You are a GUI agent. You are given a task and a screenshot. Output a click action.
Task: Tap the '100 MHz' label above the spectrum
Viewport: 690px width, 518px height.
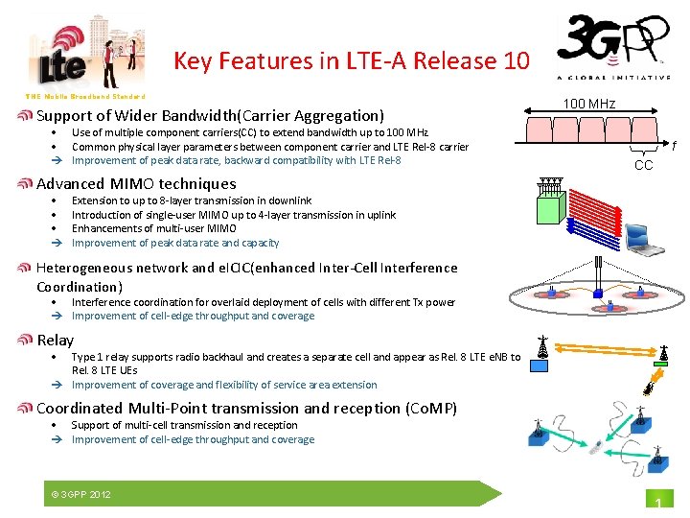coord(588,104)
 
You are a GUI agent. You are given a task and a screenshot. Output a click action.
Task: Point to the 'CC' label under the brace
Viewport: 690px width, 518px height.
coord(644,165)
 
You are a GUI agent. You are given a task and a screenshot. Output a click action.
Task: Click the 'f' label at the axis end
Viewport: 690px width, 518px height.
coord(674,147)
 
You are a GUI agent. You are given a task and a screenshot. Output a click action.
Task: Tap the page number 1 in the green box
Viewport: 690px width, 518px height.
coord(658,505)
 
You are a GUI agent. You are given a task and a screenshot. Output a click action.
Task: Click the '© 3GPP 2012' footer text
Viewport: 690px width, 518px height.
coord(80,494)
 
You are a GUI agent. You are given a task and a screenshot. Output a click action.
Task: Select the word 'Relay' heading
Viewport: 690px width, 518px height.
coord(55,340)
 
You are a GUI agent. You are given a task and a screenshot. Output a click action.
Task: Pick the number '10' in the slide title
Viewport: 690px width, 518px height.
coord(515,61)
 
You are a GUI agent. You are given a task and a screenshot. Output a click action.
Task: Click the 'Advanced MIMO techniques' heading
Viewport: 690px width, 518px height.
coord(136,183)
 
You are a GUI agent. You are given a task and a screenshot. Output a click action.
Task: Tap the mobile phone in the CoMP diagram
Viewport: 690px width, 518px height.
coord(595,447)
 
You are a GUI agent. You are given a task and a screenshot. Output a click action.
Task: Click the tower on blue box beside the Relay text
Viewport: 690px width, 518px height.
coord(543,347)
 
